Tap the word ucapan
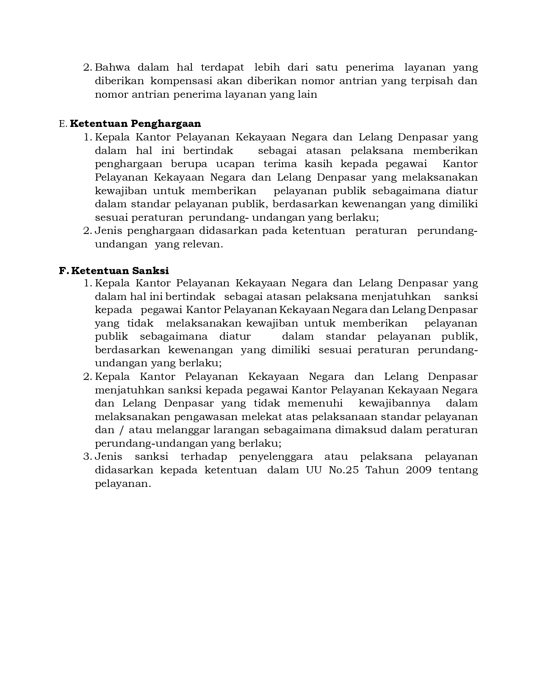point(235,164)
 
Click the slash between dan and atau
point(122,430)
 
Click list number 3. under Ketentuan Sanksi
point(88,457)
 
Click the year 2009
point(418,470)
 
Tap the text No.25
point(343,470)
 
